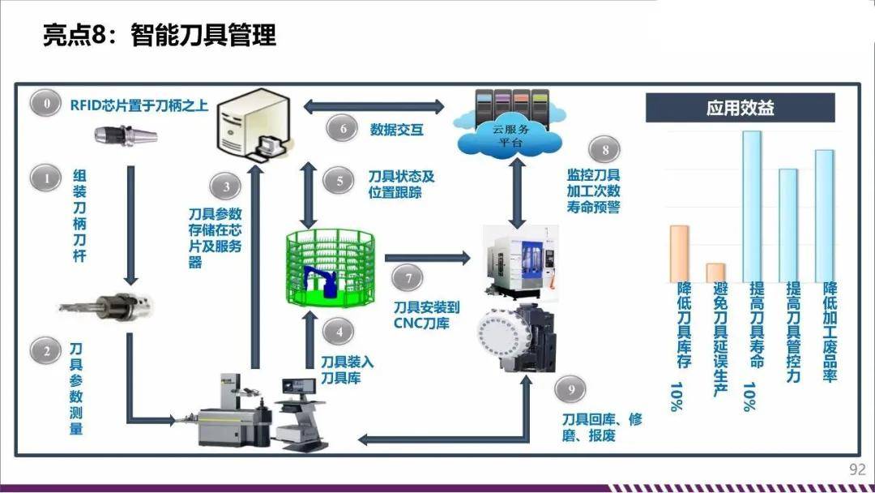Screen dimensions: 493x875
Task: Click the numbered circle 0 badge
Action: [x=46, y=104]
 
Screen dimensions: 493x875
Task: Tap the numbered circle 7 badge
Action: [x=408, y=278]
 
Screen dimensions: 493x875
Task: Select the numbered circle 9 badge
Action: [x=571, y=391]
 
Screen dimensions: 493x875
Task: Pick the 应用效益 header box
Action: [x=740, y=108]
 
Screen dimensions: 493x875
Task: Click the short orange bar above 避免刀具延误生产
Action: [x=715, y=272]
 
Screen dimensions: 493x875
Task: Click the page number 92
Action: [x=857, y=469]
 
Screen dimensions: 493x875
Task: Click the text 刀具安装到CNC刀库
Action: [x=426, y=316]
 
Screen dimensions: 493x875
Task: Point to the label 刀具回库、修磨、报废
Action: [x=601, y=427]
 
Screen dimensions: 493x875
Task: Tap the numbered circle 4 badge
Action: [x=339, y=332]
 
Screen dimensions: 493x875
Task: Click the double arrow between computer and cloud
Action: [x=373, y=105]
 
